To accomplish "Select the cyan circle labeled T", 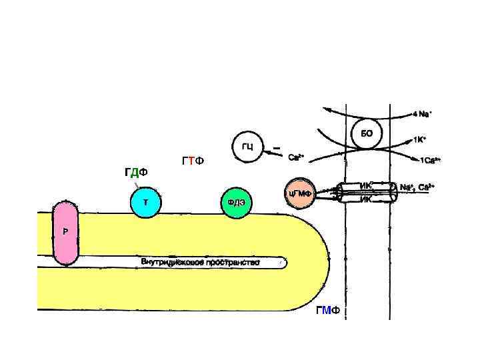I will (145, 203).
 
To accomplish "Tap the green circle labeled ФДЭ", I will (237, 203).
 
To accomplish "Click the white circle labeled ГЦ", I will (247, 146).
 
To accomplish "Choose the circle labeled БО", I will (367, 134).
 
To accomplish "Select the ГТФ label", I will (193, 162).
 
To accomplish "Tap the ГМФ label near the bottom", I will (328, 311).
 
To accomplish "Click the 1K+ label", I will (419, 140).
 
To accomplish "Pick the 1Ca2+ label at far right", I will (429, 161).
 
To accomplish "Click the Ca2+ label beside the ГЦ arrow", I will (295, 158).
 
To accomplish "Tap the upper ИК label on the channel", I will (365, 186).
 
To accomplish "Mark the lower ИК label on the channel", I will (365, 198).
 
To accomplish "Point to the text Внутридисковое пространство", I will (200, 261).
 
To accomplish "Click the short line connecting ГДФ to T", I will (136, 184).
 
